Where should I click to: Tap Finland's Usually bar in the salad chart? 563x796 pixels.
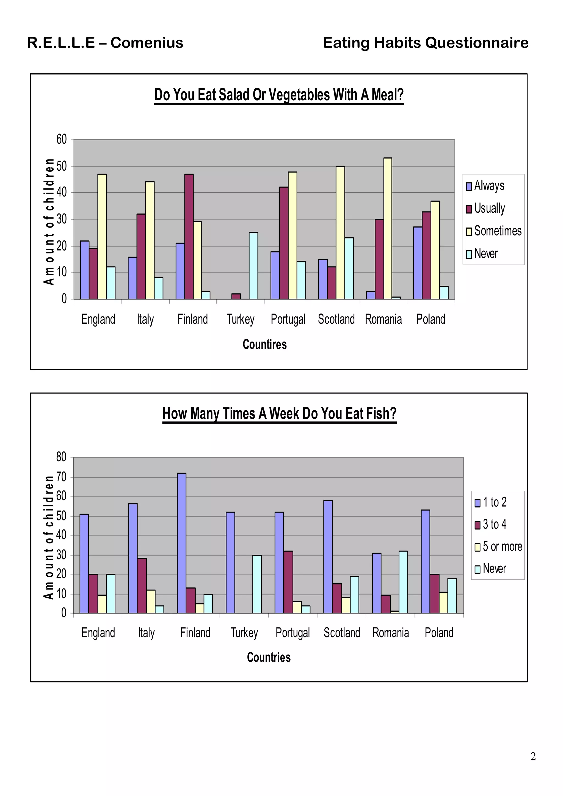pos(189,237)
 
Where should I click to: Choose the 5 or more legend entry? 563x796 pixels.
pos(502,547)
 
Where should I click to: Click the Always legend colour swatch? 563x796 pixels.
pos(469,186)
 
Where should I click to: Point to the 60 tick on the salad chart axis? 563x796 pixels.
pos(61,139)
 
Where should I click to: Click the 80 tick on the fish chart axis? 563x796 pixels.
pos(61,457)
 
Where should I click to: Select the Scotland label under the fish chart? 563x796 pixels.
pos(342,633)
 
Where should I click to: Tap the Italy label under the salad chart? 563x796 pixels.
pos(145,319)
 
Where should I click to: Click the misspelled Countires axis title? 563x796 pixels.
pos(265,344)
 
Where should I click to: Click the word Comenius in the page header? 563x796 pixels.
pos(147,43)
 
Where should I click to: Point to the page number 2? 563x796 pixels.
pos(533,756)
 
